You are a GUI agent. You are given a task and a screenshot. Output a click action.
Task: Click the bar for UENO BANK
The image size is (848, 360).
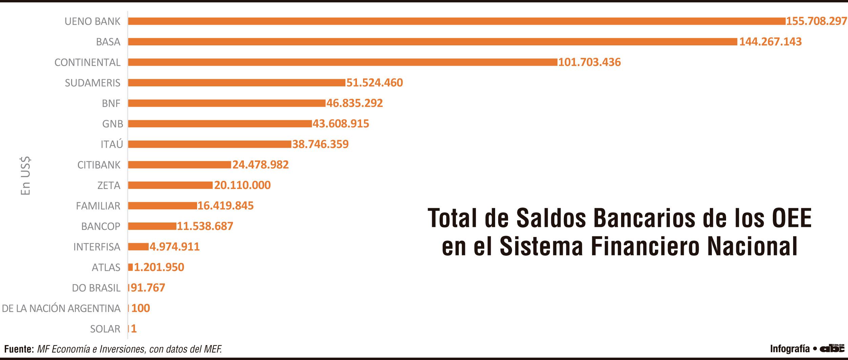456,21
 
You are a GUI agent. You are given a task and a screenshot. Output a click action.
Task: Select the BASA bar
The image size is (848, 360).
432,42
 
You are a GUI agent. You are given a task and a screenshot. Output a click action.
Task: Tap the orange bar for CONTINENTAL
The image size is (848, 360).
342,62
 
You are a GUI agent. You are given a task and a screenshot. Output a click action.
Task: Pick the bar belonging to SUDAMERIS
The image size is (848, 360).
237,83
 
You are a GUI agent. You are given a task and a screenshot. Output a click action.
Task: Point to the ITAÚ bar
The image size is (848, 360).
209,144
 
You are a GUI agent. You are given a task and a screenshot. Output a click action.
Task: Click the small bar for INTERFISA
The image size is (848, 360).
138,247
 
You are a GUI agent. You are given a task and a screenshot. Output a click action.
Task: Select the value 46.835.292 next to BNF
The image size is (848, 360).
355,103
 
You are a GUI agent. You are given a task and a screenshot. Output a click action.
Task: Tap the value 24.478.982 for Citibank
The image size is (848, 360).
260,165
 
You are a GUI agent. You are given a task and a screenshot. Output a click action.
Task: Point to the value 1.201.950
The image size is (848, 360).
159,267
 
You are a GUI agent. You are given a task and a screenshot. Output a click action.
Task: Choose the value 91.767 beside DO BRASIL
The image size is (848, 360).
148,288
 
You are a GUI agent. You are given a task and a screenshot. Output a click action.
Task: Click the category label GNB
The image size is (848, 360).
112,124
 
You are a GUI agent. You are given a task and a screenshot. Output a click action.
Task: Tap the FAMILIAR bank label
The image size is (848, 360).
98,206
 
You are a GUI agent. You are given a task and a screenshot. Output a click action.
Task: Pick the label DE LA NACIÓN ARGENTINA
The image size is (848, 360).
61,308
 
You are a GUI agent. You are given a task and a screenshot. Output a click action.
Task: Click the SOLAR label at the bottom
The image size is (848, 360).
105,329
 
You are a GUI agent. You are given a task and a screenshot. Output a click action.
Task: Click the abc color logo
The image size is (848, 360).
832,348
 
